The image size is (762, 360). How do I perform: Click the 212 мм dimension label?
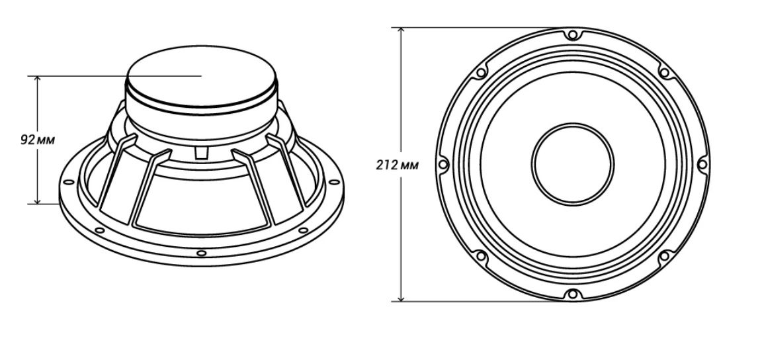[x=397, y=165]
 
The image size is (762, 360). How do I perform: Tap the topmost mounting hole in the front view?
[x=573, y=35]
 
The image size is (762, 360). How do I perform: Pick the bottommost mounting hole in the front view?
[x=573, y=294]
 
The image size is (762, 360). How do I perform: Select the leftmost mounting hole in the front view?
[x=443, y=164]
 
